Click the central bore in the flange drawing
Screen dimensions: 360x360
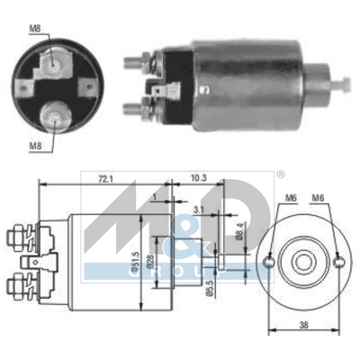pyautogui.click(x=304, y=261)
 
